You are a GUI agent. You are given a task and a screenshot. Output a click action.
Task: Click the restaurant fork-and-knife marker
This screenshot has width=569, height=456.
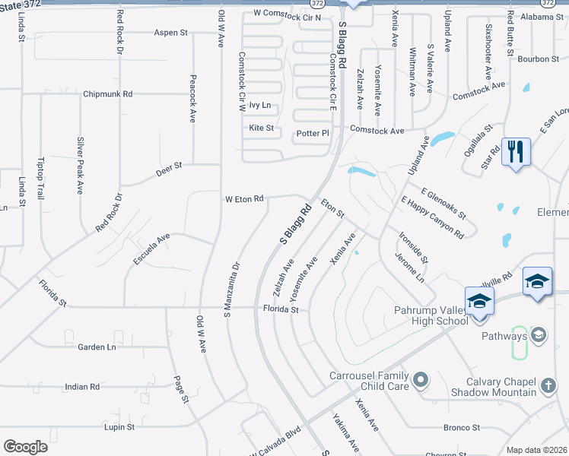(x=516, y=152)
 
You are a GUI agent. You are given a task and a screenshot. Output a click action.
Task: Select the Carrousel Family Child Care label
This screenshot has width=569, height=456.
(x=370, y=382)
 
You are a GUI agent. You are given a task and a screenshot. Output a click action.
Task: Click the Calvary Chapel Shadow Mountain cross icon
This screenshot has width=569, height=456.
(x=548, y=385)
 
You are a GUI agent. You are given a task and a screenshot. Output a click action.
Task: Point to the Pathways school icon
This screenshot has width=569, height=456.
(x=539, y=335)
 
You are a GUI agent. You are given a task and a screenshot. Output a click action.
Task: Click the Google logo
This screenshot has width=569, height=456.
(x=25, y=447)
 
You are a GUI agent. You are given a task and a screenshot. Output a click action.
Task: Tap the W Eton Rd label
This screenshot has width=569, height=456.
(x=243, y=199)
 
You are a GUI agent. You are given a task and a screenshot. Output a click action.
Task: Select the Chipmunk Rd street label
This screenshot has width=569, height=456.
(x=107, y=94)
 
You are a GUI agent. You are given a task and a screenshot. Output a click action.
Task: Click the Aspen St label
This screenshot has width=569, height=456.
(x=170, y=33)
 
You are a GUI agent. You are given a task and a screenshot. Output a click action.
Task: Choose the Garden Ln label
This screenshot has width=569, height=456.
(x=97, y=347)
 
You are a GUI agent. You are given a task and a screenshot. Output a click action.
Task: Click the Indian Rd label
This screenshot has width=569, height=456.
(x=82, y=387)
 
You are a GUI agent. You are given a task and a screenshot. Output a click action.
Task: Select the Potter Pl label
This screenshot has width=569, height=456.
(x=313, y=133)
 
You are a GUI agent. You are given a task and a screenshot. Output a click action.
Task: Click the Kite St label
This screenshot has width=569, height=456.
(x=261, y=128)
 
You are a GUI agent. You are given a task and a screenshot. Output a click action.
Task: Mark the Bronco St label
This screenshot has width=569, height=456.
(x=461, y=428)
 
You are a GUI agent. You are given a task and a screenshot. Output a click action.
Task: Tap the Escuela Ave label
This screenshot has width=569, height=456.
(x=151, y=249)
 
